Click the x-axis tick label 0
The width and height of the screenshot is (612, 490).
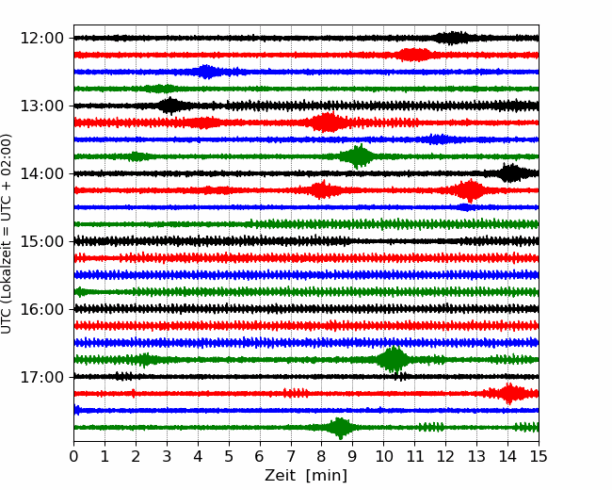[x=74, y=457]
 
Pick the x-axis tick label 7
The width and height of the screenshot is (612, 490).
[x=291, y=457]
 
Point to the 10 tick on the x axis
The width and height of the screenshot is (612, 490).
[x=384, y=457]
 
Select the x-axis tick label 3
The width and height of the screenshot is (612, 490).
[x=167, y=457]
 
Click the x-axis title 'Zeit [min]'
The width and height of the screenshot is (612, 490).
[x=306, y=476]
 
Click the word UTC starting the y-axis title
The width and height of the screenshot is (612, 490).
[x=8, y=320]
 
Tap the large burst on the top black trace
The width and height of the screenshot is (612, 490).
[x=456, y=38]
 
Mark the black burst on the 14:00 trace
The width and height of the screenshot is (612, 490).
[x=511, y=172]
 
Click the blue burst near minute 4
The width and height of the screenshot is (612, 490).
[x=206, y=72]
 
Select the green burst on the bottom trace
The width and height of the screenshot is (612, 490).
[x=340, y=428]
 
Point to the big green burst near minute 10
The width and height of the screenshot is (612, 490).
[x=393, y=359]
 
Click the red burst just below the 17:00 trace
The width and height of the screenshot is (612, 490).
[x=510, y=393]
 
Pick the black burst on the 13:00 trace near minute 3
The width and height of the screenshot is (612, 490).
[x=170, y=106]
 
